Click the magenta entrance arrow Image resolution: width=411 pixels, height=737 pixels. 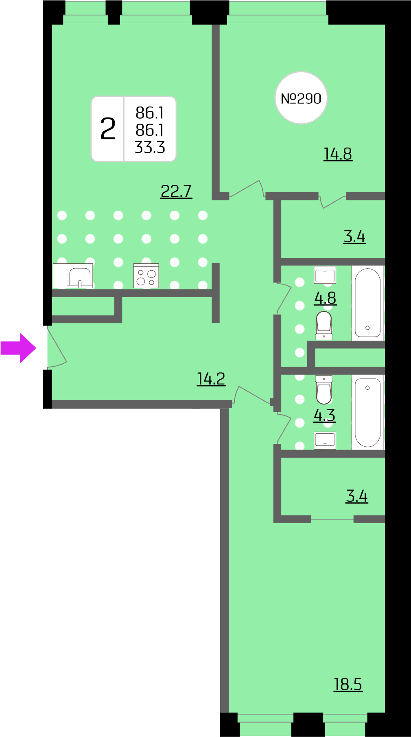tap(18, 348)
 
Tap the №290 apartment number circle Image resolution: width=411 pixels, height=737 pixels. tap(301, 98)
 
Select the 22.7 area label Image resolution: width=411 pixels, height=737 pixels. tap(176, 191)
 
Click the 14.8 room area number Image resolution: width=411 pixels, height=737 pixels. tap(338, 154)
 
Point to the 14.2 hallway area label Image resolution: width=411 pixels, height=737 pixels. tap(211, 378)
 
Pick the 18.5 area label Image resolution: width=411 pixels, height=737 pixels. tap(348, 684)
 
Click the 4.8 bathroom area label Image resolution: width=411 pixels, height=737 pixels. tap(325, 298)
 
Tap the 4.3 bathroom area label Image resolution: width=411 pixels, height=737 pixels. tap(324, 415)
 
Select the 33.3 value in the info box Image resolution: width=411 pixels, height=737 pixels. tap(150, 147)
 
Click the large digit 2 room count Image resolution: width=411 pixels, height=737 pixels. tap(108, 129)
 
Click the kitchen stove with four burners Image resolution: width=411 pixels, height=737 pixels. tap(146, 276)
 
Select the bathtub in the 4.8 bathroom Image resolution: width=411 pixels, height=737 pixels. tap(367, 303)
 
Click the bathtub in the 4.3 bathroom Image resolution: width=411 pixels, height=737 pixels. tap(367, 412)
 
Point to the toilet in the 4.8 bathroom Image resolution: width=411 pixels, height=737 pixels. tap(324, 325)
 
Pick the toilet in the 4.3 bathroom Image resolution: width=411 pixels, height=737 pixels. tap(324, 389)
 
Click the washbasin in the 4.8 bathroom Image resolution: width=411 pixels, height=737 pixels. tap(325, 275)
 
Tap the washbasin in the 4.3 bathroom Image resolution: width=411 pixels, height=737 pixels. tap(325, 440)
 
